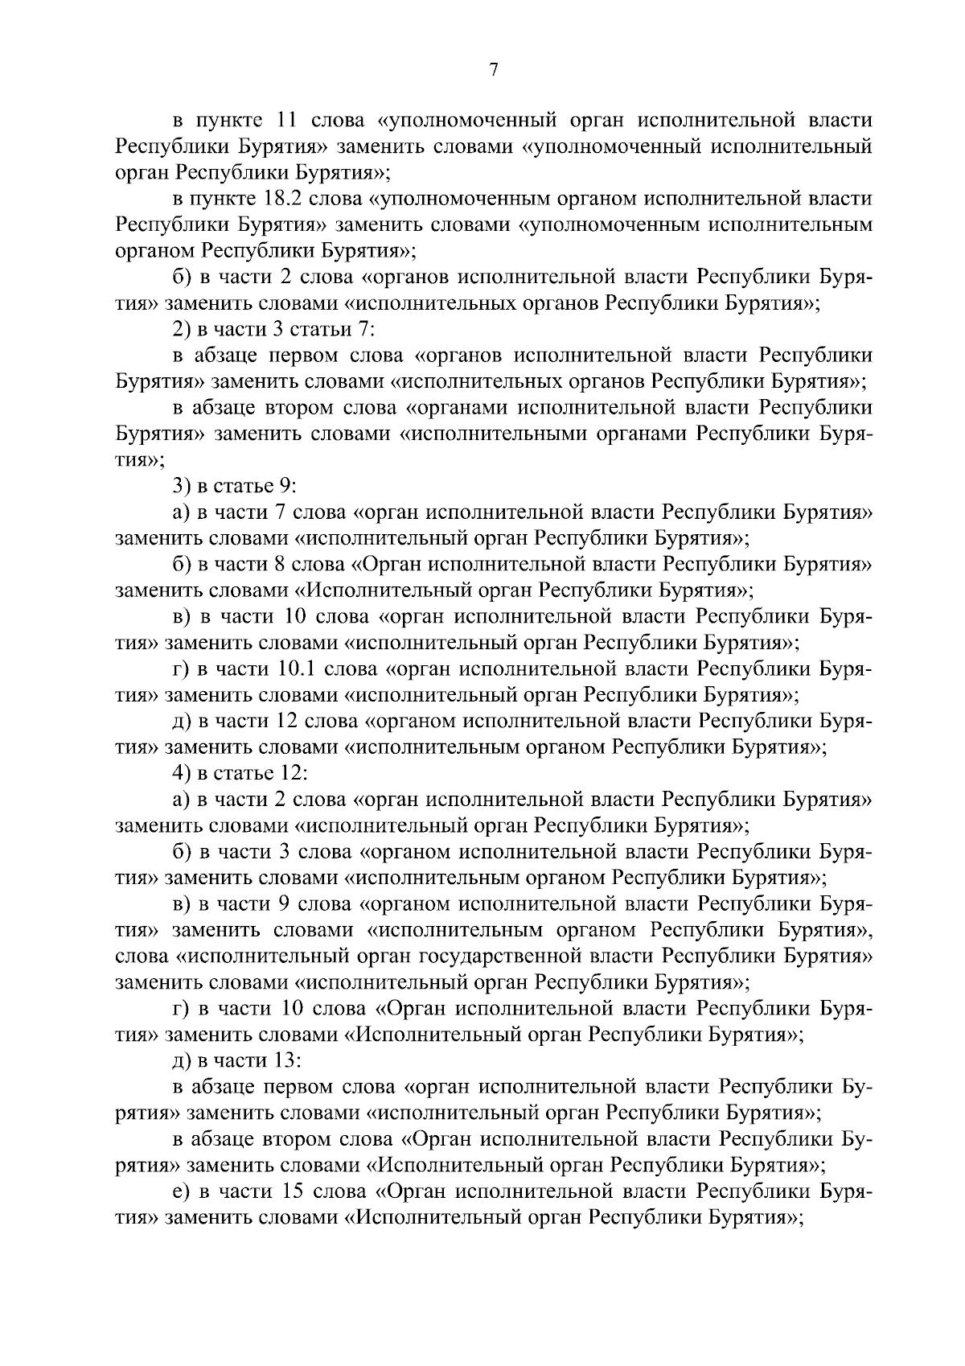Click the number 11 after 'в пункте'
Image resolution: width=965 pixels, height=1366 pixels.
pyautogui.click(x=287, y=121)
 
